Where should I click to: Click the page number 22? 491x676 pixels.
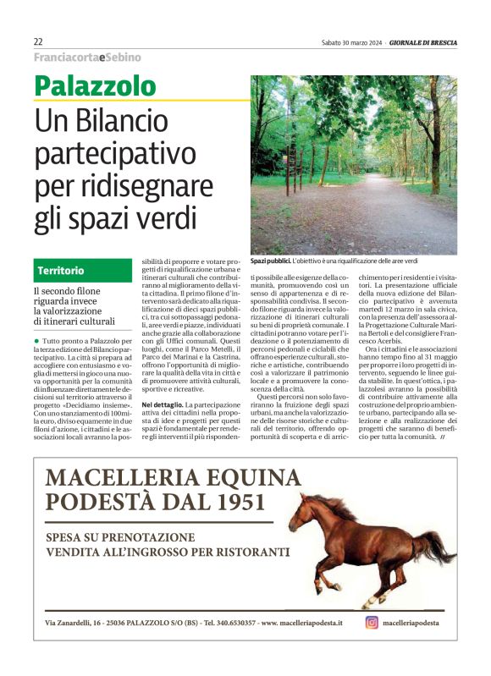coord(39,41)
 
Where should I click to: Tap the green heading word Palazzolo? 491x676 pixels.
coord(96,85)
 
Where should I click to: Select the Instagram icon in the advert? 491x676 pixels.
coord(371,623)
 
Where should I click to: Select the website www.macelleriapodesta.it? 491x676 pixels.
coord(302,624)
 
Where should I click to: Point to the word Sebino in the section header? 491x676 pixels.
coord(123,58)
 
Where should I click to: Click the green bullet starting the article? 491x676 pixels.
coord(37,338)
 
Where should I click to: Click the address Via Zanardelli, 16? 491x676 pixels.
coord(73,624)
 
